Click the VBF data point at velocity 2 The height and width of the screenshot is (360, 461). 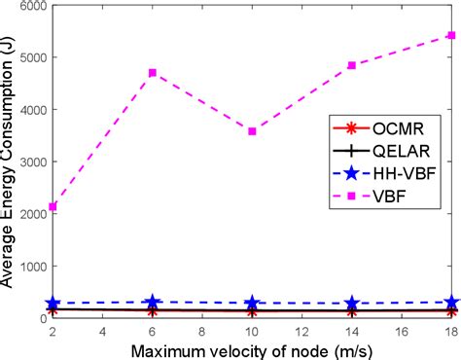[x=53, y=206]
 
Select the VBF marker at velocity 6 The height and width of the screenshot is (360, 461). [x=152, y=73]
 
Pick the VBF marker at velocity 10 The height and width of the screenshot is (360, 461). [x=252, y=130]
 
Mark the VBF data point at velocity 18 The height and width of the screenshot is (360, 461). [x=450, y=35]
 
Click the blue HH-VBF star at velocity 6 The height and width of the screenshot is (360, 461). [x=152, y=303]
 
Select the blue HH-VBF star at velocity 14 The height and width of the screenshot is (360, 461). [x=351, y=304]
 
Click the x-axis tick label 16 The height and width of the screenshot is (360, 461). [x=401, y=332]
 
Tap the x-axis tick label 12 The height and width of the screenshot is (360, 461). [x=301, y=332]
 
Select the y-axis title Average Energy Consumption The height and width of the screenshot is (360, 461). [x=10, y=161]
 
